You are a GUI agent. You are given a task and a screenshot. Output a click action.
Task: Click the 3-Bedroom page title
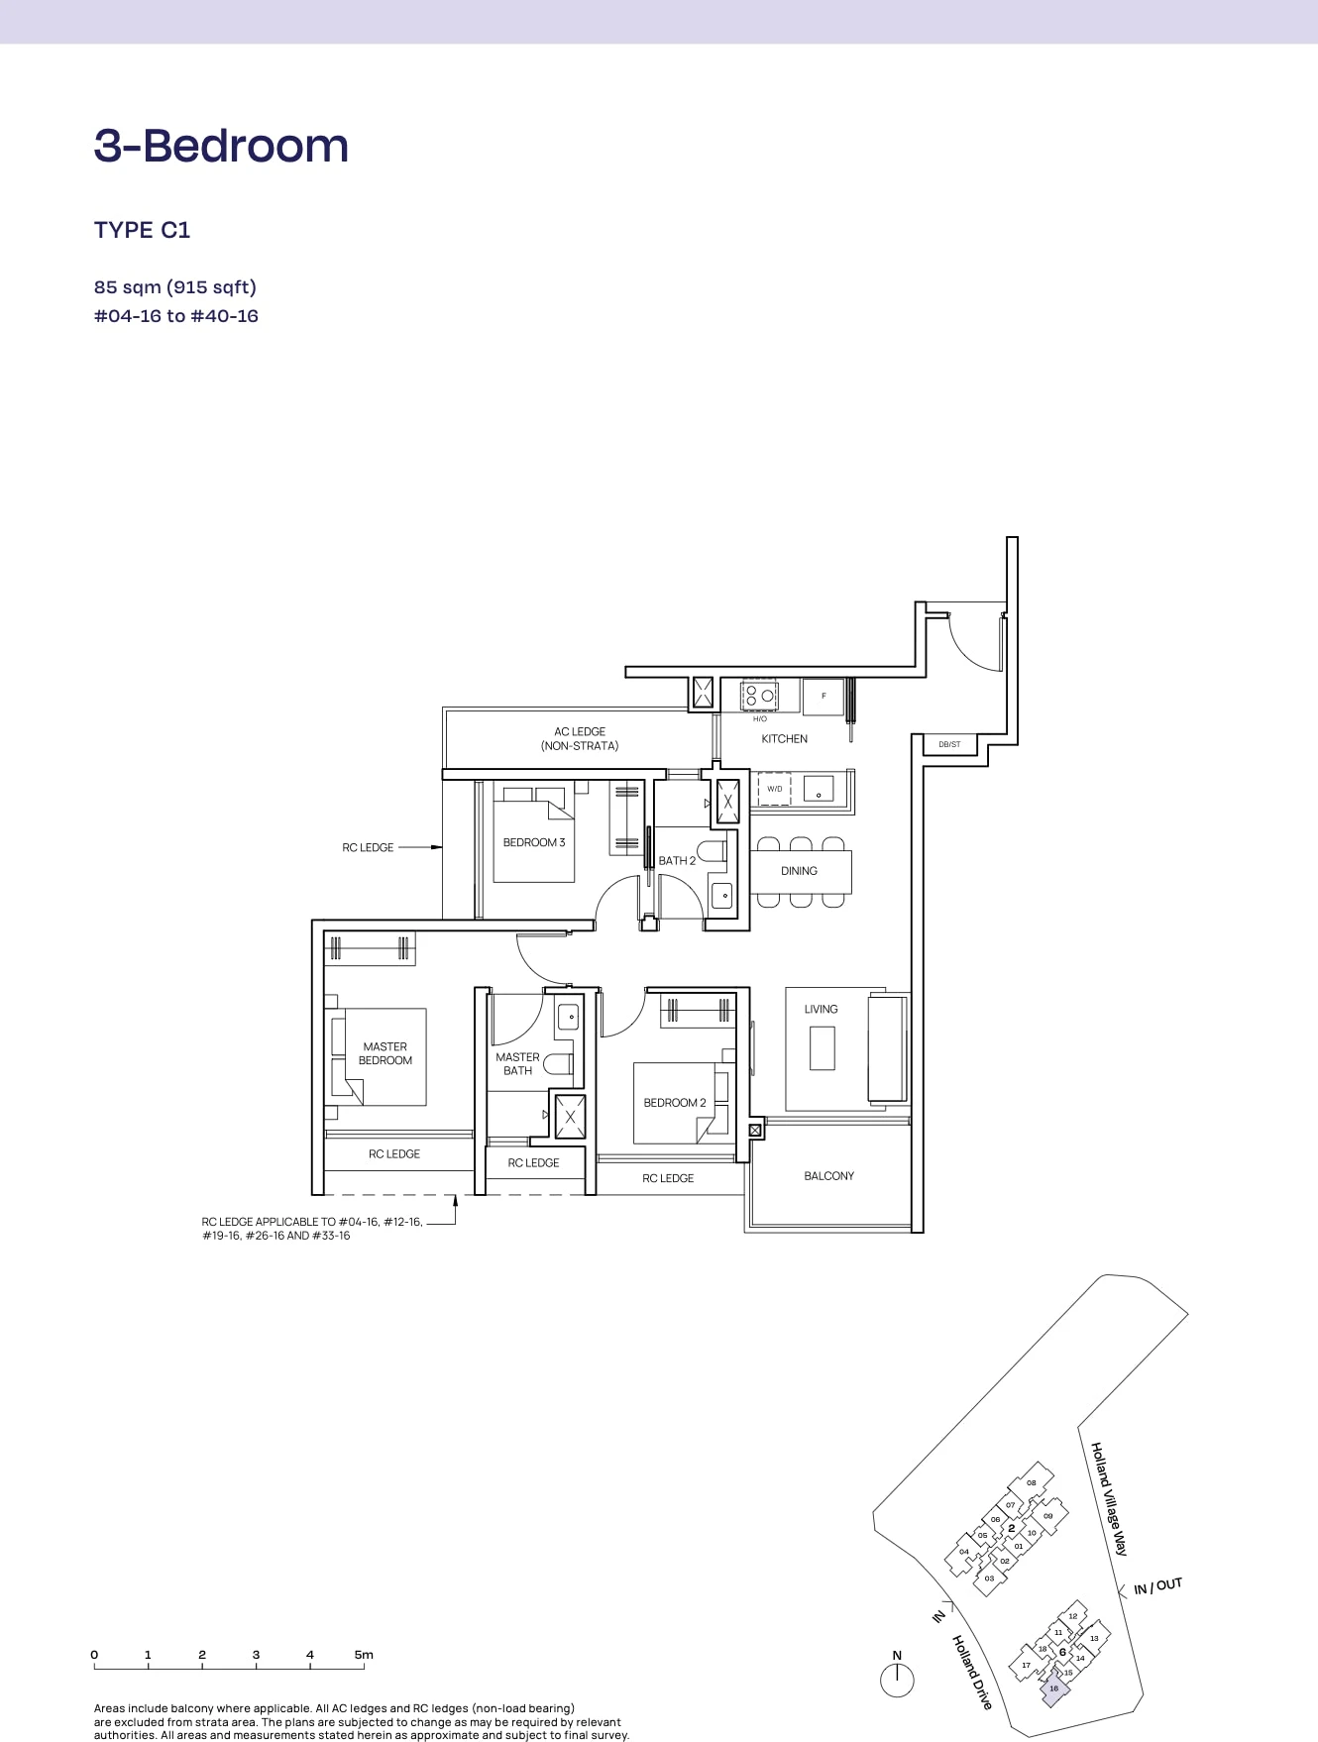tap(221, 146)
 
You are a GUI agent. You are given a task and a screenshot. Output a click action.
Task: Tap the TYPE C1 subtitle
tap(142, 230)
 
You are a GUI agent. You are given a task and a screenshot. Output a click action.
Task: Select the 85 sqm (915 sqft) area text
tap(175, 287)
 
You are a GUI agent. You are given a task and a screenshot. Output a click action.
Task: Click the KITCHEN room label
tap(784, 739)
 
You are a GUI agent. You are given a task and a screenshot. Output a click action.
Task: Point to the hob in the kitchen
tap(760, 696)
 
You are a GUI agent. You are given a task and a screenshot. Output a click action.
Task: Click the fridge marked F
tap(823, 696)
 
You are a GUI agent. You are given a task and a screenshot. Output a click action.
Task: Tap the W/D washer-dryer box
tap(774, 789)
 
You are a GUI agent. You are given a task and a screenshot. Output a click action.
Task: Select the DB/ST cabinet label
tap(949, 744)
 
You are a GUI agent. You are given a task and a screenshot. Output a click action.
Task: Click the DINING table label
tap(799, 871)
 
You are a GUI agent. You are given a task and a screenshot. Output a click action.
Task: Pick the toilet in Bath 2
tap(712, 851)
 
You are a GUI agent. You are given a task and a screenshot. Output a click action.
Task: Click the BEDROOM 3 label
tap(534, 842)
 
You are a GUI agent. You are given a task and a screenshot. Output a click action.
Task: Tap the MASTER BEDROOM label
tap(385, 1053)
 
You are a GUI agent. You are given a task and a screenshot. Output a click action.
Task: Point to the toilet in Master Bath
tap(558, 1064)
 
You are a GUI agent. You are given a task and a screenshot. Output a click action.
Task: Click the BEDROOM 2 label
tap(675, 1103)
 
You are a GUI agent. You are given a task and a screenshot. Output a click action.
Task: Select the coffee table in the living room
tap(822, 1048)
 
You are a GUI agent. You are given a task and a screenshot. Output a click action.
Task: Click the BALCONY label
tap(828, 1176)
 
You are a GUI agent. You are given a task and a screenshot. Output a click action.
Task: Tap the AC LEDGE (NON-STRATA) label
tap(580, 738)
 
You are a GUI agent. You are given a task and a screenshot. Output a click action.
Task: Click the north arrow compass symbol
tap(897, 1679)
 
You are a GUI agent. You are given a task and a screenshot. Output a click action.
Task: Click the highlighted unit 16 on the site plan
tap(1054, 1688)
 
